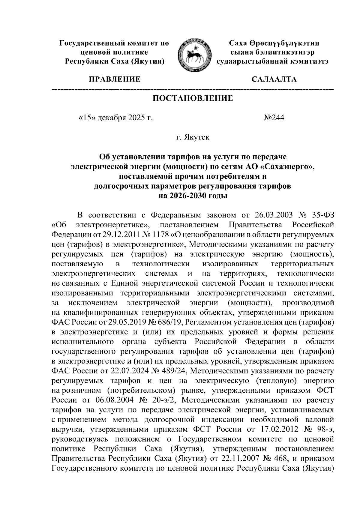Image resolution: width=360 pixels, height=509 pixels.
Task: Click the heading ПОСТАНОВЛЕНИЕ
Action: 193,98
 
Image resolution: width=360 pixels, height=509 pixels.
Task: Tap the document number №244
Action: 274,118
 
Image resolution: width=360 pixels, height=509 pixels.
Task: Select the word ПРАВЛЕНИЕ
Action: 114,79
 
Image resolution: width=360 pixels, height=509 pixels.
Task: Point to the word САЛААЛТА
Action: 274,79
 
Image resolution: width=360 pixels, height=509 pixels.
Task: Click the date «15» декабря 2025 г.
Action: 115,118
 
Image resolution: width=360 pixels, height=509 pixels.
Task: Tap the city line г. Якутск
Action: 193,138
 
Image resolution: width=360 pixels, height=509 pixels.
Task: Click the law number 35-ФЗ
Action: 322,215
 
